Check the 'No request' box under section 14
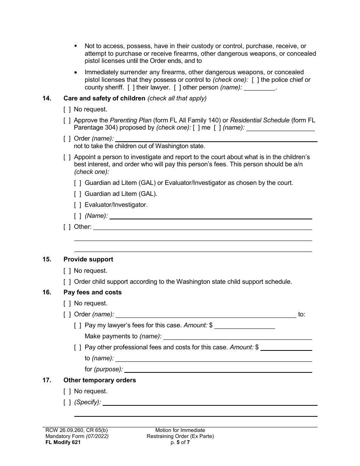coord(67,109)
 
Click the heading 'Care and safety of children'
coord(104,99)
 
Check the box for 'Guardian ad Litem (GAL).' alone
coord(78,194)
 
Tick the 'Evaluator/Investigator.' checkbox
coord(78,205)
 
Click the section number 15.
coord(47,260)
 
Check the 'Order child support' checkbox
coord(67,282)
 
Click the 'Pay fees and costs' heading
coord(92,292)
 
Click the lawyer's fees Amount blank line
coord(244,325)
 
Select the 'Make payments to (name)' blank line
coord(237,336)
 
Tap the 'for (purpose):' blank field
coord(218,369)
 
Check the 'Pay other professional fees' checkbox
coord(78,347)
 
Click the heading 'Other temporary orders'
coord(100,380)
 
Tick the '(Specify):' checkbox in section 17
coord(67,402)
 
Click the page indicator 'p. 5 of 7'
coord(180,442)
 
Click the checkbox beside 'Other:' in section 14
coord(67,227)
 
